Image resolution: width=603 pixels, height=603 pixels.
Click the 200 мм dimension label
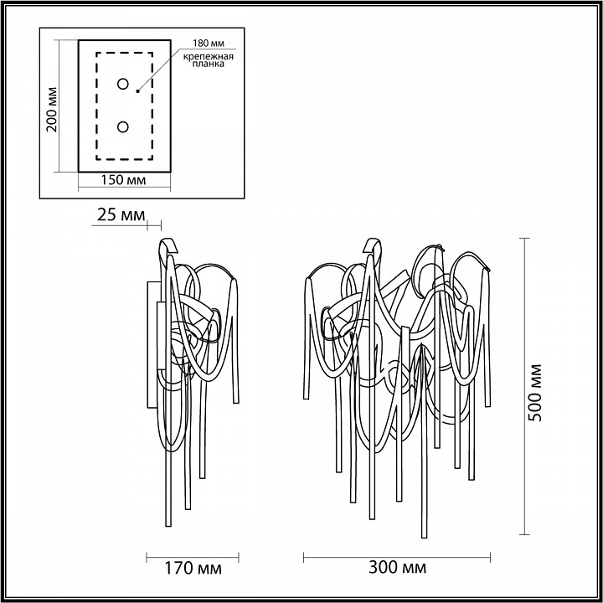point(51,109)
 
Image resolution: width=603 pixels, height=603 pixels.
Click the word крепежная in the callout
point(205,54)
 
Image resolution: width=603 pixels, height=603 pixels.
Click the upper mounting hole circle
point(123,84)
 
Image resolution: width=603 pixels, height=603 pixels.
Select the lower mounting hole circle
point(123,127)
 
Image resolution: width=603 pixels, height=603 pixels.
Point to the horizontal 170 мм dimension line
point(193,556)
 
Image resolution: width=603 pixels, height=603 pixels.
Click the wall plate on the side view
point(150,343)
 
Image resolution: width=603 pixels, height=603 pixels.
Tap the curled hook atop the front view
point(371,246)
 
